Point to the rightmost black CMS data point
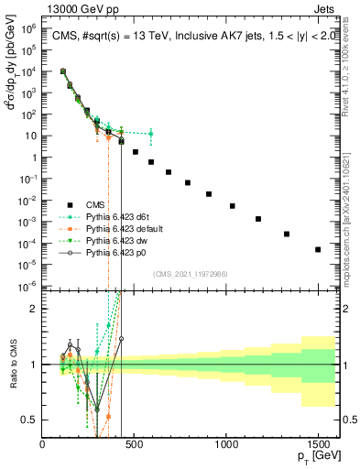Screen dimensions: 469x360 pos(318,249)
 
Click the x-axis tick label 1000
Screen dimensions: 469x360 pos(226,443)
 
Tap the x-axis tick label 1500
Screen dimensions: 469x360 pos(318,443)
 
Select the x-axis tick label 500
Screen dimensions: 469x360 pos(135,443)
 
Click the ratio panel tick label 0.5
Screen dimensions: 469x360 pos(29,420)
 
